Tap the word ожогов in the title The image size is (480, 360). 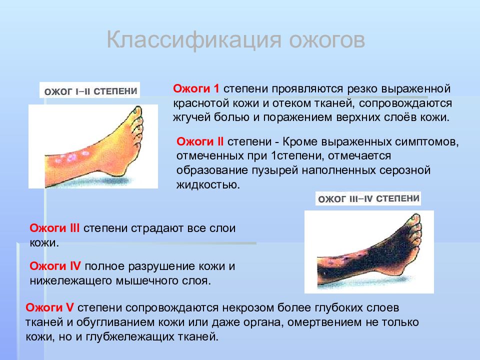[327, 40]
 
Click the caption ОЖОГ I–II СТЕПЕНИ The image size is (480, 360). [90, 91]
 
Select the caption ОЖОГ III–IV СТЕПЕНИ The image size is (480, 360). [368, 199]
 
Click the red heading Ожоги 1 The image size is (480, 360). [196, 88]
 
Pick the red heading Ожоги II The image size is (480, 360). [200, 141]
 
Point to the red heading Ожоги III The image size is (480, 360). [54, 228]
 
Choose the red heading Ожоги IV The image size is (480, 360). [55, 266]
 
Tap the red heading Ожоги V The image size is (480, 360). [49, 307]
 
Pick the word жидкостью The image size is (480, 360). [208, 185]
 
